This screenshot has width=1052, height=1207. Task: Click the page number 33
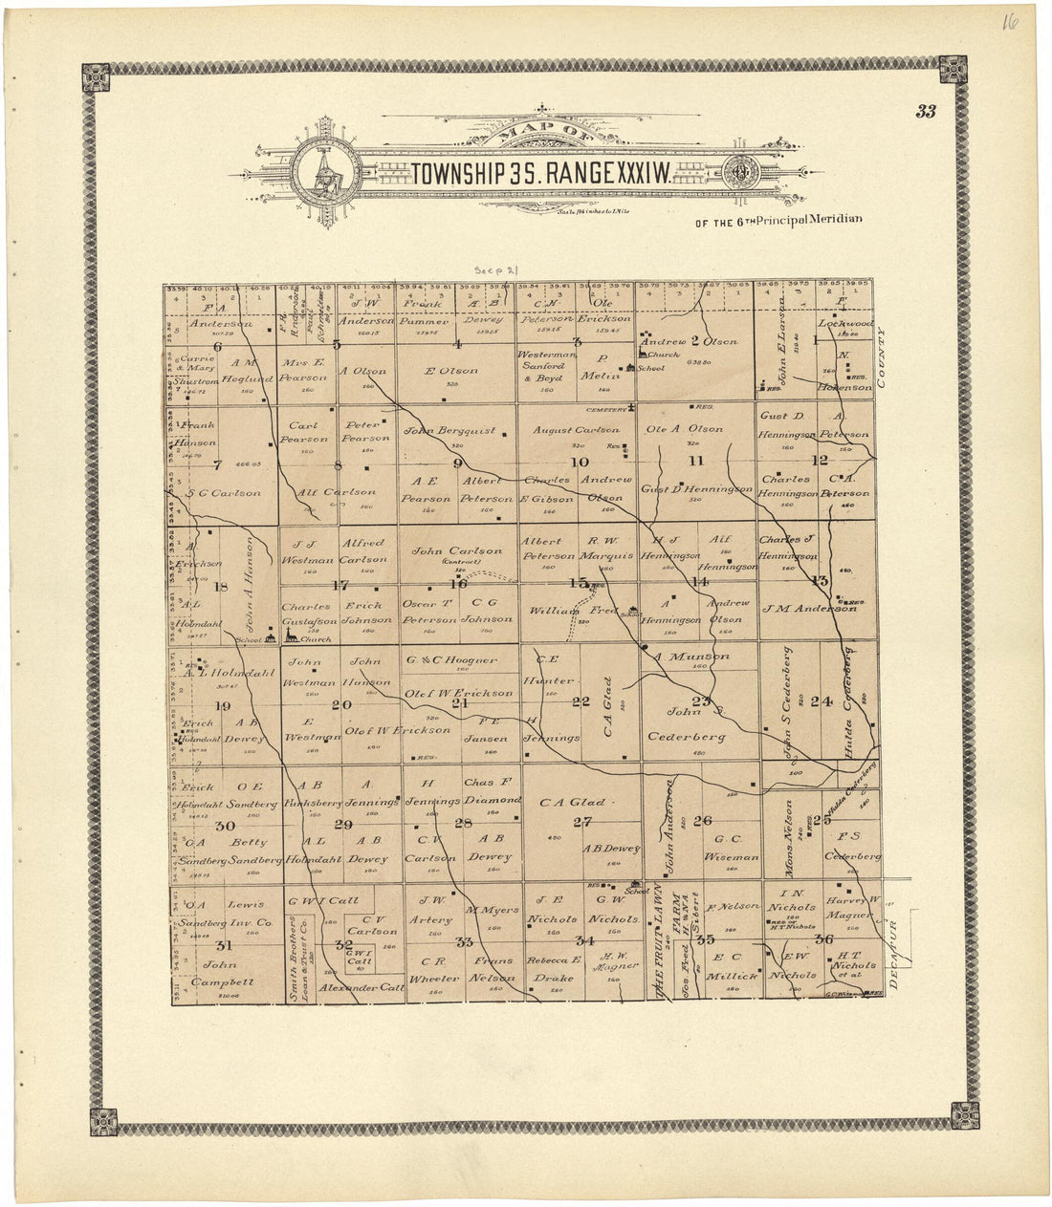pyautogui.click(x=925, y=111)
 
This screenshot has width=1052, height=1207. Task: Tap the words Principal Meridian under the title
pyautogui.click(x=811, y=219)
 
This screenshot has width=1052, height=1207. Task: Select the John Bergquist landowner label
pyautogui.click(x=449, y=431)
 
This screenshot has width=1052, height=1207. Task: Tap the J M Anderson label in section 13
pyautogui.click(x=808, y=608)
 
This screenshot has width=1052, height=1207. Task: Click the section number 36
pyautogui.click(x=822, y=938)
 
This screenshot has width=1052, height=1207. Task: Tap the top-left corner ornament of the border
pyautogui.click(x=96, y=77)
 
